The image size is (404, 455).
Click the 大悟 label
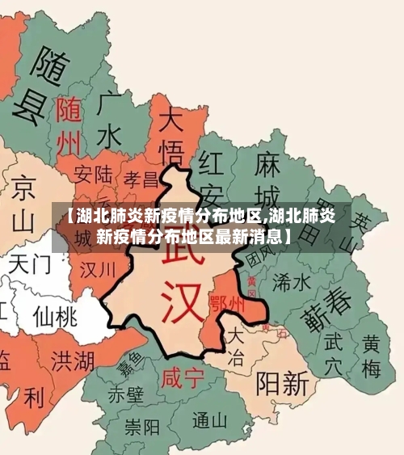(x=172, y=136)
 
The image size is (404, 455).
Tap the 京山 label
(x=25, y=202)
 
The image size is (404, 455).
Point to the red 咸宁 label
(x=183, y=377)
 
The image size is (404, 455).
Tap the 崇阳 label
(x=141, y=426)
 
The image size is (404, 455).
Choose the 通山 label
(x=210, y=420)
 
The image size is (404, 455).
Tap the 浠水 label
(x=292, y=281)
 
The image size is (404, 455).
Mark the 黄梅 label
(x=371, y=356)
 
